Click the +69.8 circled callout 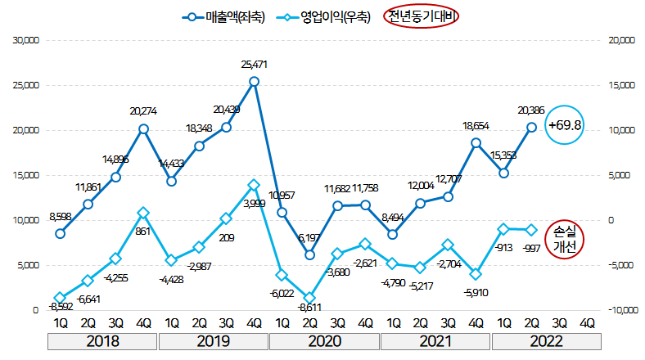point(566,125)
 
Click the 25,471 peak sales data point point(254,82)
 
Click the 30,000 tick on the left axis point(24,40)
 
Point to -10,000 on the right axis point(620,310)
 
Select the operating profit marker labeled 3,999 point(254,185)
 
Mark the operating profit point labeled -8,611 point(309,298)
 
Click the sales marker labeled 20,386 point(531,127)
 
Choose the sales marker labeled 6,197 point(309,254)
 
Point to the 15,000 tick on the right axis point(620,85)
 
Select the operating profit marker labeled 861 point(143,213)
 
